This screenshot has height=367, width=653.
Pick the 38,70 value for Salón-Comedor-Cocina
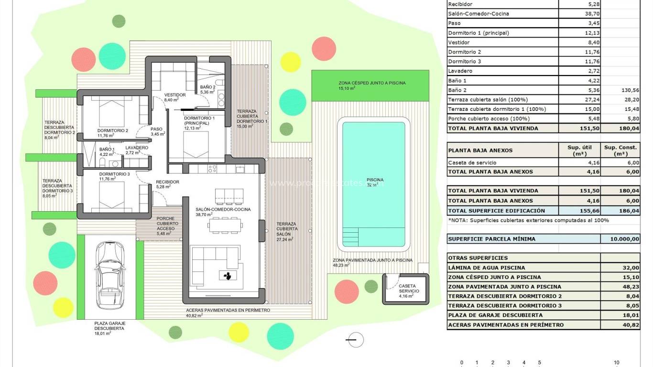[592, 14]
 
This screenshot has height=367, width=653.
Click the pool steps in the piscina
[350, 236]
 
